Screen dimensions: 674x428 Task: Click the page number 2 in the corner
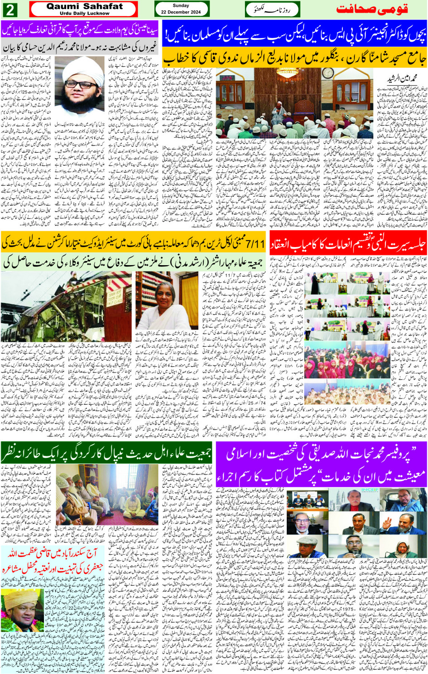10,9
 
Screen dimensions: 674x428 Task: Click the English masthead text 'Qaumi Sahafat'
84,6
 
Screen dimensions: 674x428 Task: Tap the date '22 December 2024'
181,12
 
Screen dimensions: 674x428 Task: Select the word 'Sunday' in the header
181,5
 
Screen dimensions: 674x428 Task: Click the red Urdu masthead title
372,9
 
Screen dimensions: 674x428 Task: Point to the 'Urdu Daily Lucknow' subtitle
84,14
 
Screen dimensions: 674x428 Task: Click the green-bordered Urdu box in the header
272,9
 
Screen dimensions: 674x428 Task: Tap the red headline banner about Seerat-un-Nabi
348,245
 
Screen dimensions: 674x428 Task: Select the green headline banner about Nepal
107,453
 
